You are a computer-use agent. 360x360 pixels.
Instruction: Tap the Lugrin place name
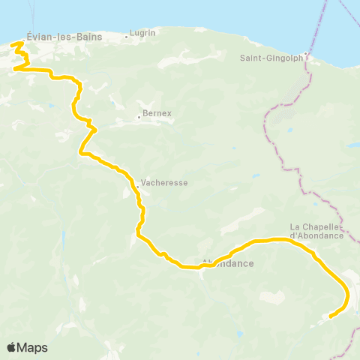pos(142,33)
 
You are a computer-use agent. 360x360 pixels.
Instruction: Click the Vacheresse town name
pos(164,182)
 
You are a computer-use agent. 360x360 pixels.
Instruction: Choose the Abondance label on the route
pos(228,264)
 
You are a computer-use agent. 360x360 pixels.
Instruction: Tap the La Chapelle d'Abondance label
pos(316,231)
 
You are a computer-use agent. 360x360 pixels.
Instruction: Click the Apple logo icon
pos(11,347)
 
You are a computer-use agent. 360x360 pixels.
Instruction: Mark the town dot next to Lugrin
pos(127,34)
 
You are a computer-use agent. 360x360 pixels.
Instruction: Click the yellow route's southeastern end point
pos(330,316)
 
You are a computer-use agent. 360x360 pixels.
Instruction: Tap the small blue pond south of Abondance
pos(238,332)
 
